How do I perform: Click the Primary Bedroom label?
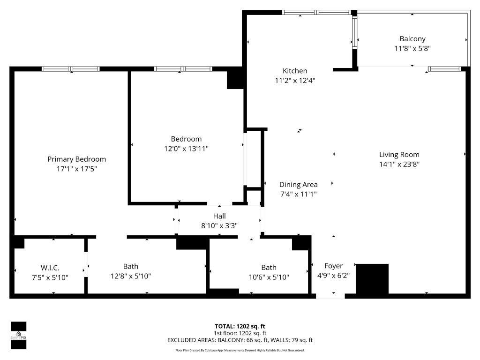point(76,159)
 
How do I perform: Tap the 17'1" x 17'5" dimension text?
point(76,169)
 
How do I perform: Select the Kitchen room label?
point(295,71)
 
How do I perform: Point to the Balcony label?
point(412,39)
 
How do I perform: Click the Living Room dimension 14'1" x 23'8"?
point(399,164)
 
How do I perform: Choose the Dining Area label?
point(299,185)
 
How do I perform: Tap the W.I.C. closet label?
point(50,268)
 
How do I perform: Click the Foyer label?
point(333,266)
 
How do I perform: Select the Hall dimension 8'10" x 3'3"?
point(219,225)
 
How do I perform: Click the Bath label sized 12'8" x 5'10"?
point(131,267)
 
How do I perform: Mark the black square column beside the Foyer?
point(373,278)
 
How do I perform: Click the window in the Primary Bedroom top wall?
point(71,69)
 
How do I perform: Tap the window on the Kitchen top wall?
point(316,12)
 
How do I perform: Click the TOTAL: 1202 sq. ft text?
point(240,326)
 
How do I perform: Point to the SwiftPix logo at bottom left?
point(18,336)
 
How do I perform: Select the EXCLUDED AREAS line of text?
point(240,340)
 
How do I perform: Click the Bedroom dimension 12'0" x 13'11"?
point(186,149)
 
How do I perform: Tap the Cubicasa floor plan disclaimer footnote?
point(240,350)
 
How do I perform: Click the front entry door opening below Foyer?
point(330,296)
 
